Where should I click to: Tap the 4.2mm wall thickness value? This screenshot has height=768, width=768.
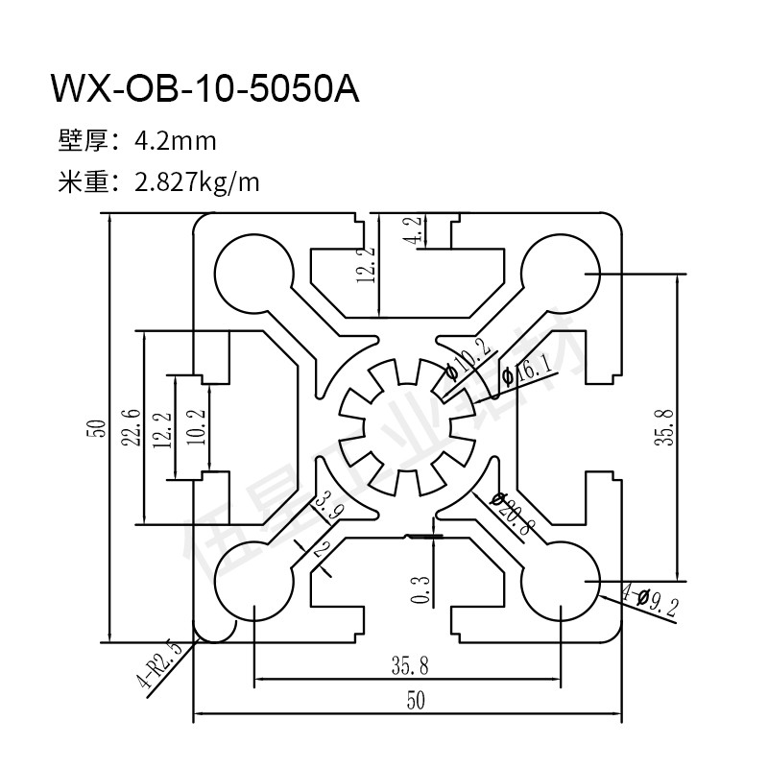(x=176, y=142)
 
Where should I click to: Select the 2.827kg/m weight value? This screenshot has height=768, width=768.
(x=198, y=181)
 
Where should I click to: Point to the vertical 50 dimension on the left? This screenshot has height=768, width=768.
(x=94, y=428)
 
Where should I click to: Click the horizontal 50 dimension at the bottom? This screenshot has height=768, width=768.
(x=415, y=701)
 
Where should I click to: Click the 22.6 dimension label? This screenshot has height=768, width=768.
(x=132, y=428)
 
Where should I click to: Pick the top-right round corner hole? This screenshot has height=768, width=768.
(x=562, y=273)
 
